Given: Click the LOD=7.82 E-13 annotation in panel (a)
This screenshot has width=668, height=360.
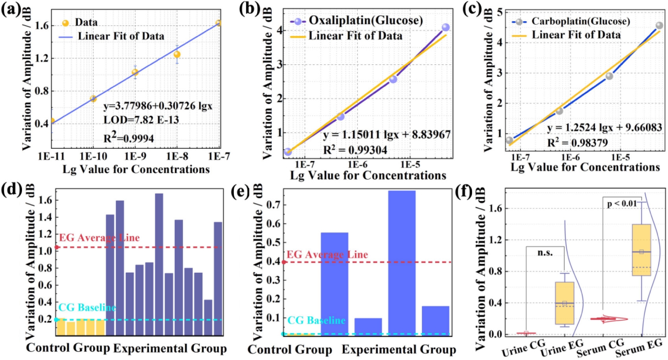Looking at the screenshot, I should pos(141,120).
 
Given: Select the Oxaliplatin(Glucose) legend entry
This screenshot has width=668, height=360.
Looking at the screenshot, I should pos(365,20).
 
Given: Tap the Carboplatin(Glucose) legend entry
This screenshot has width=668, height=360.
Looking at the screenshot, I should pos(580,21).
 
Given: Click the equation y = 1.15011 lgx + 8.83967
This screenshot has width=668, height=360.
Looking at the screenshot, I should pos(386,135).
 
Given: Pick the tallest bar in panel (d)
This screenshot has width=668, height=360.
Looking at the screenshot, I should pos(159,264).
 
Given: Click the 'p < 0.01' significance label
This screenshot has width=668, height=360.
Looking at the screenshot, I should pos(622,203).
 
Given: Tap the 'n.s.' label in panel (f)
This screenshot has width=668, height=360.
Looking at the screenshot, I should pos(545,253).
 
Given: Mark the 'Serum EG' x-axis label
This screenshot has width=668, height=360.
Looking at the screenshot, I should pos(639,349).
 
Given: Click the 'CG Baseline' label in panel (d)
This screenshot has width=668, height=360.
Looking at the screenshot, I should pos(87,307).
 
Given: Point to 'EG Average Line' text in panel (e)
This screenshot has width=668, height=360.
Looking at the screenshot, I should pos(327,255).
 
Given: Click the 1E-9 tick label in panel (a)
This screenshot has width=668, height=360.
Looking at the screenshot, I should pos(135,157).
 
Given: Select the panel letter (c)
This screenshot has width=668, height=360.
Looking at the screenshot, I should pos(471,9).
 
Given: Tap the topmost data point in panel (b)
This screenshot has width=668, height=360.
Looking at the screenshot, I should pos(445,28).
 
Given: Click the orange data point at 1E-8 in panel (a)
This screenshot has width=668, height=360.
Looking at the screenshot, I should pos(177,54).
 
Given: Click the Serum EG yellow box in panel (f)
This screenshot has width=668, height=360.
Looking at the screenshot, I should pos(641,250).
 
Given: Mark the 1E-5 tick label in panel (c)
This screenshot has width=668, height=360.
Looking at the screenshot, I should pos(620,157).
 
